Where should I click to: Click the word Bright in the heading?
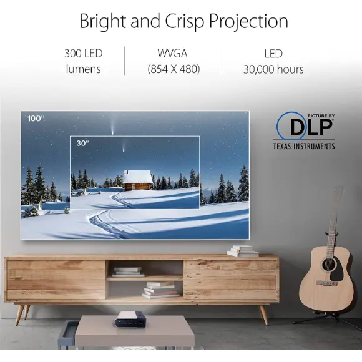pyautogui.click(x=102, y=21)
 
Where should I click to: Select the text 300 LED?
pyautogui.click(x=83, y=54)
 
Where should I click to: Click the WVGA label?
pyautogui.click(x=174, y=54)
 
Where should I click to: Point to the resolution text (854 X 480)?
pyautogui.click(x=174, y=69)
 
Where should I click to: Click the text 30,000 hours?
pyautogui.click(x=273, y=69)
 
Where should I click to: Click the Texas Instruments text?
pyautogui.click(x=304, y=146)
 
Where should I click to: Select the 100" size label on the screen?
pyautogui.click(x=36, y=119)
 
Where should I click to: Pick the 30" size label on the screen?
pyautogui.click(x=82, y=143)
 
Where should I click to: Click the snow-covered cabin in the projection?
pyautogui.click(x=137, y=180)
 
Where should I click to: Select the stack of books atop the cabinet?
pyautogui.click(x=243, y=251)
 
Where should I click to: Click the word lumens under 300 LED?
pyautogui.click(x=83, y=69)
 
